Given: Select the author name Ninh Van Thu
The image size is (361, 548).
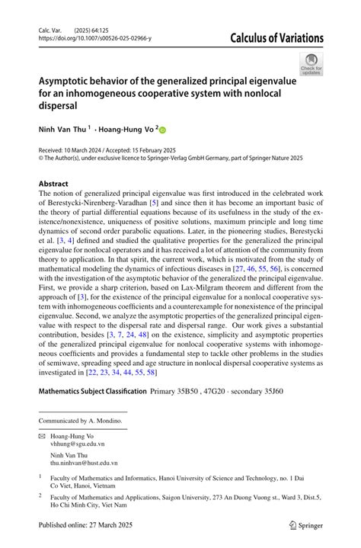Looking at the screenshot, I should coord(62,130).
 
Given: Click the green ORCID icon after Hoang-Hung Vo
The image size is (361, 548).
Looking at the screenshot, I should coord(161,130).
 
